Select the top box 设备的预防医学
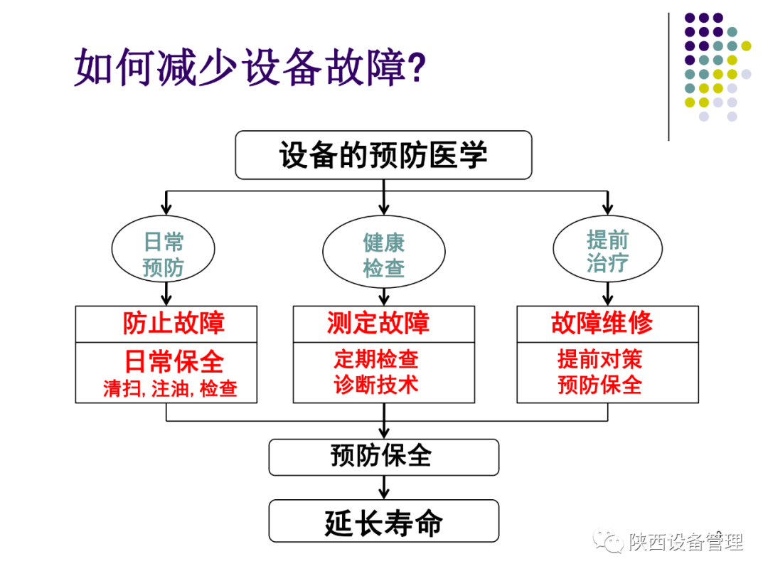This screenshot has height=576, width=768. coord(383,155)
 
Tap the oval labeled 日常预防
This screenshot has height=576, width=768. coord(164,254)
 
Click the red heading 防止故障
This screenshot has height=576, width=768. coord(174,324)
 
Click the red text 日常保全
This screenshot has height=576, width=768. coord(174,361)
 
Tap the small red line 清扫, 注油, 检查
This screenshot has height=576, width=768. coord(170,388)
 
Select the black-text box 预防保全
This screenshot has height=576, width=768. coord(383,457)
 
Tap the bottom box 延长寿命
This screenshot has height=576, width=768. coord(383,523)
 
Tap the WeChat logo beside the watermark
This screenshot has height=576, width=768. coord(609,542)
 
